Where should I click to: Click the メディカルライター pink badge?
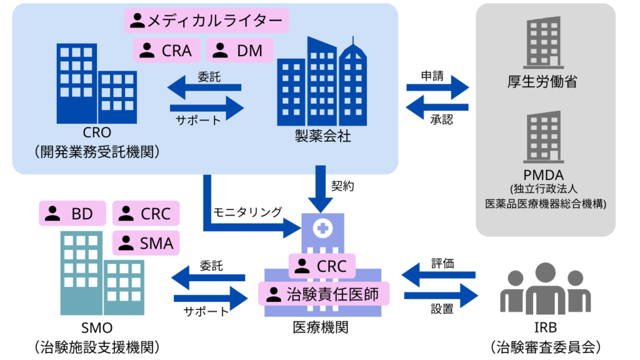(x=206, y=21)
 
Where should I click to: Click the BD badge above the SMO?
(x=72, y=214)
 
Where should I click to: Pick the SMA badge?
(x=146, y=242)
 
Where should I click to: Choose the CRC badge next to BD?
(x=146, y=214)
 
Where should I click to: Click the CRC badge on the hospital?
(x=321, y=266)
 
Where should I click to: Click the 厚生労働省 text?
(x=542, y=82)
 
